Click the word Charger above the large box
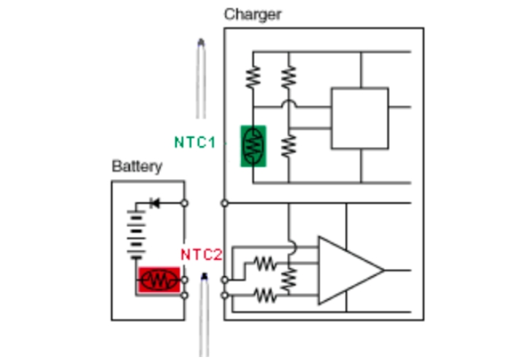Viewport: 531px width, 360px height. coord(252,14)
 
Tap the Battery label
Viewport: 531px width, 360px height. coord(137,166)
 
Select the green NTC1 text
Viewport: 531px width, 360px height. coord(194,142)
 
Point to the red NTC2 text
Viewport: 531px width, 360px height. coord(201,255)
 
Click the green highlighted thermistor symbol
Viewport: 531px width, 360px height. coord(253,146)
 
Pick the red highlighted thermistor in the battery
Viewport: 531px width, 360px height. coord(158,280)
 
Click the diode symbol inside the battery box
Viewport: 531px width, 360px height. coord(153,203)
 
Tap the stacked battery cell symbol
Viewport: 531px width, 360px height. coord(134,234)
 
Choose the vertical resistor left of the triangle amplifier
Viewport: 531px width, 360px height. coord(289,277)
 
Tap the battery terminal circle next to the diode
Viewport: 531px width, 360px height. coord(185,203)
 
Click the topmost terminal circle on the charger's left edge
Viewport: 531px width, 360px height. coord(224,203)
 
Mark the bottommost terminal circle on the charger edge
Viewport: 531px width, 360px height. coord(224,294)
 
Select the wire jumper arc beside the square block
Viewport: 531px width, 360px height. coord(289,105)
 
